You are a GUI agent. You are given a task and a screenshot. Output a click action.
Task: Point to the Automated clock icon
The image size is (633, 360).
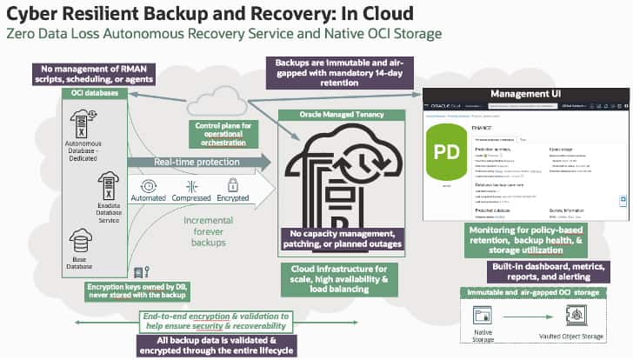tap(149, 185)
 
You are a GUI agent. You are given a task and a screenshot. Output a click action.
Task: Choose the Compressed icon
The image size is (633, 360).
tap(192, 185)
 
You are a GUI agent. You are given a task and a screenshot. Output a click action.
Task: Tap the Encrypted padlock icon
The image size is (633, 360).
tap(232, 185)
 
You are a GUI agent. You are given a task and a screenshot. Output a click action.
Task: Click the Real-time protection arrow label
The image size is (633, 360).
tap(187, 162)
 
